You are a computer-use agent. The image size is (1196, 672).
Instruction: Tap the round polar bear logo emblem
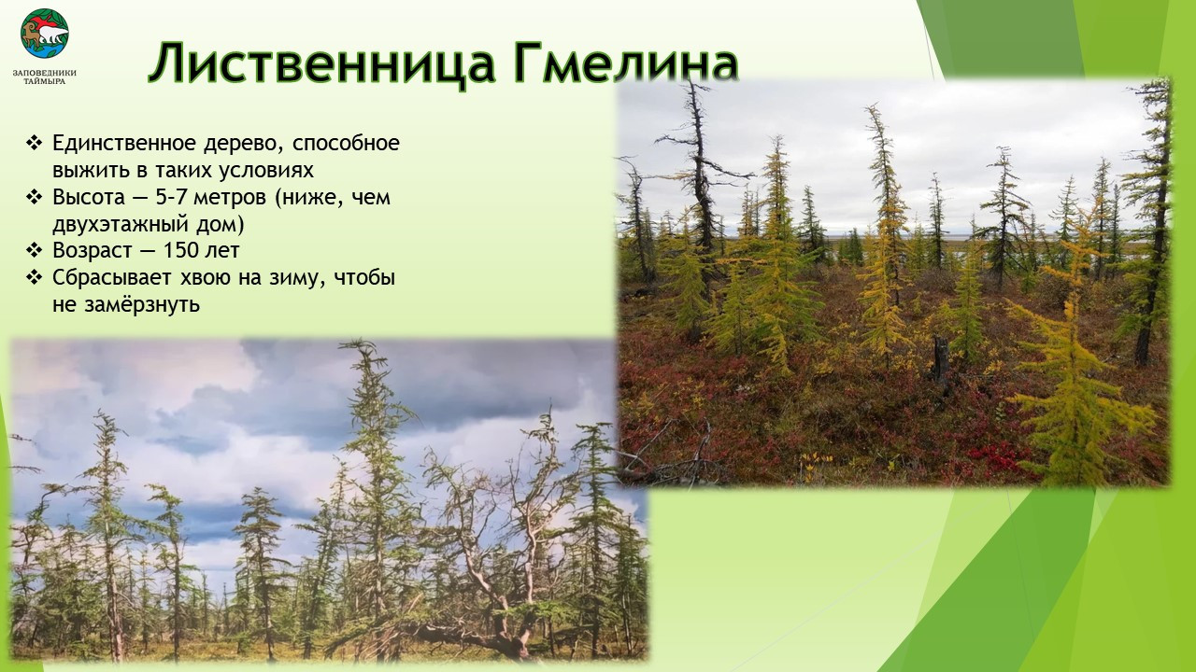click(x=44, y=33)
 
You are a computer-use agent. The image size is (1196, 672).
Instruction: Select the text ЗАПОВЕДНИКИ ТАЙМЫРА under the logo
click(x=44, y=77)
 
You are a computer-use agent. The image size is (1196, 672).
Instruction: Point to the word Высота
click(x=88, y=197)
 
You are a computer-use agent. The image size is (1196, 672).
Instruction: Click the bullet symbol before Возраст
click(x=34, y=249)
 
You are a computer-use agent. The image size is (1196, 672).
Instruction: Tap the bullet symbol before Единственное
click(x=34, y=143)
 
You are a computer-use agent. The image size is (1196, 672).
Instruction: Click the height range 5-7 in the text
click(x=171, y=197)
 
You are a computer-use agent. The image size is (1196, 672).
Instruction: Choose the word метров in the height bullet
click(x=230, y=198)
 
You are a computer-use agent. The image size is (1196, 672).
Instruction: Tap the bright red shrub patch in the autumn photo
click(x=993, y=457)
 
